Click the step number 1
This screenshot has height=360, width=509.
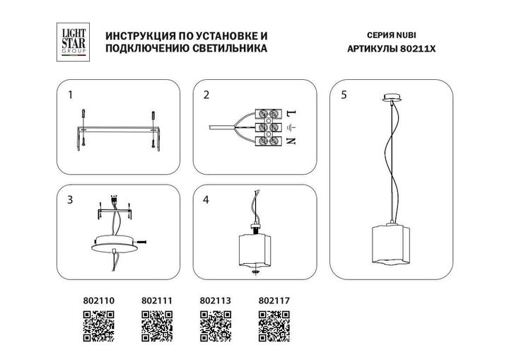point(69,95)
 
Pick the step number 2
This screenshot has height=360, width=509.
point(206,95)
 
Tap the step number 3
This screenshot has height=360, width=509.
point(69,200)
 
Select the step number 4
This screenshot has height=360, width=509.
point(206,200)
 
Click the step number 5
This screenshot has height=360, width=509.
point(343,95)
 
